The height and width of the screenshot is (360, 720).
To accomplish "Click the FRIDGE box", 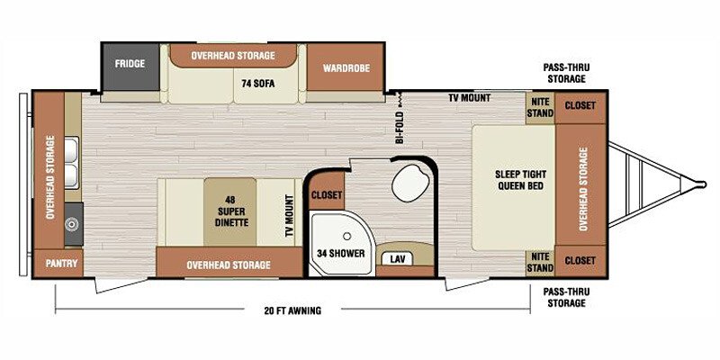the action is (x=130, y=67).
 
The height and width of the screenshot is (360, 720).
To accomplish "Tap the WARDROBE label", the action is (x=346, y=68).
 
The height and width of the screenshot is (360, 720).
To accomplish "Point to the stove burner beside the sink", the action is (x=71, y=224).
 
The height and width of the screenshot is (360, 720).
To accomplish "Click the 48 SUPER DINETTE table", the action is (x=230, y=211).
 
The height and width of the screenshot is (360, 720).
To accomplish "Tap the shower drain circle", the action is (x=347, y=236).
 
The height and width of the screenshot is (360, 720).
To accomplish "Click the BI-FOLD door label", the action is (x=400, y=128).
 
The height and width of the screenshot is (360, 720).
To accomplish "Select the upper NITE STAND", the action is (x=540, y=108).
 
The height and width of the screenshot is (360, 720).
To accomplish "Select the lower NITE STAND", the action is (x=540, y=263).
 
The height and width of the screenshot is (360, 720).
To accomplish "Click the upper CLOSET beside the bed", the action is (x=580, y=108).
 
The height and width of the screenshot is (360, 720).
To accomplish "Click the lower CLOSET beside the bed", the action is (x=580, y=262).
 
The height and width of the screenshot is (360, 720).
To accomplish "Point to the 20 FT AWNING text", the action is (x=292, y=310).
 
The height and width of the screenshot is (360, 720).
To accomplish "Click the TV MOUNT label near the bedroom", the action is (x=469, y=98).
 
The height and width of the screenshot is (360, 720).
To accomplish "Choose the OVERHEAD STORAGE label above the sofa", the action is (x=233, y=56).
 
